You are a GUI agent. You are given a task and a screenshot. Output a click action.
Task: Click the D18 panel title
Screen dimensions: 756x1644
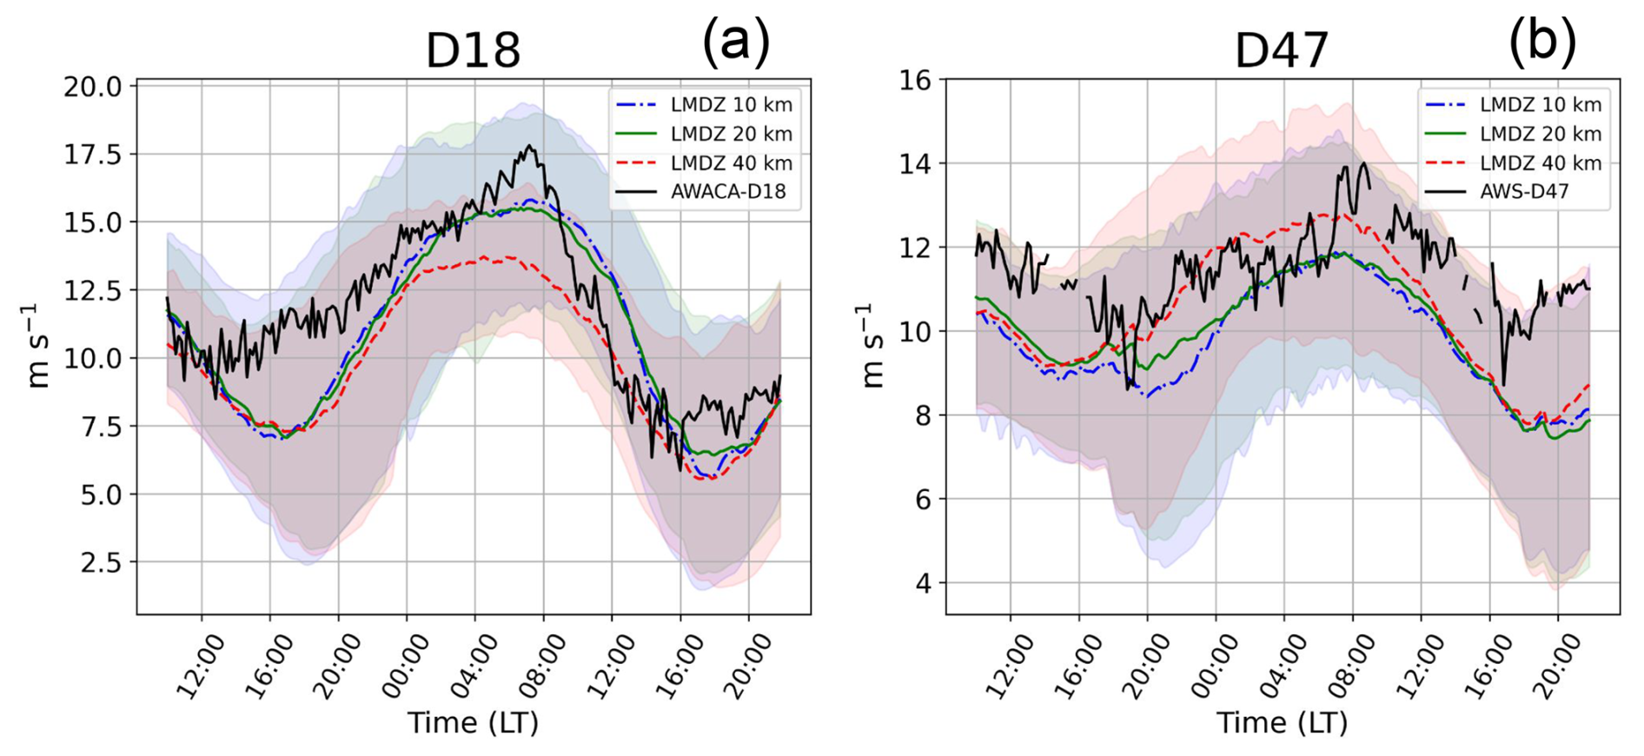[473, 50]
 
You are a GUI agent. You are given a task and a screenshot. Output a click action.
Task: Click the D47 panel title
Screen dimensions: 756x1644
[1282, 50]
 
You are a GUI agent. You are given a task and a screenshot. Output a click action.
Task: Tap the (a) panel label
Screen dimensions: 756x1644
[735, 42]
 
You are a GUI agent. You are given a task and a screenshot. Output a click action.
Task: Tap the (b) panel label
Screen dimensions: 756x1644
[1542, 42]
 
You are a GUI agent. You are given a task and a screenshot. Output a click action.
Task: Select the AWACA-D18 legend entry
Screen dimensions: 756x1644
[727, 192]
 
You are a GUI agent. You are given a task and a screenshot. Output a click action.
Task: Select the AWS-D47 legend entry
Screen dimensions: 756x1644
[1524, 192]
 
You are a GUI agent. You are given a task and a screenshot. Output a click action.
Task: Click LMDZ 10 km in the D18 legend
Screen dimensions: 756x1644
[731, 105]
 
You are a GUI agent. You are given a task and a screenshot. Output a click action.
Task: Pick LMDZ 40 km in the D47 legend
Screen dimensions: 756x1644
[1541, 163]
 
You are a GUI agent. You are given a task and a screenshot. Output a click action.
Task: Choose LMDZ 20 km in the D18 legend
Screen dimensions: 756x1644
[731, 134]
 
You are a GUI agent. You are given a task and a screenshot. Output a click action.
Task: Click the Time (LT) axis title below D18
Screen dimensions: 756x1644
[474, 723]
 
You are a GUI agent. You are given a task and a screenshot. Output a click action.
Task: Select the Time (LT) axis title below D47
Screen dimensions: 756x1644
[1282, 723]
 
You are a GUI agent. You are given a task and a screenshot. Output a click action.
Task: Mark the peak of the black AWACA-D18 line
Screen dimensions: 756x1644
[529, 146]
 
